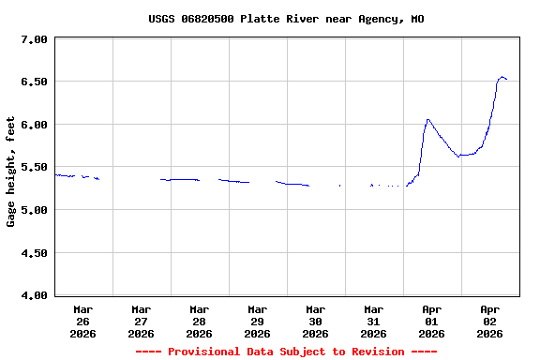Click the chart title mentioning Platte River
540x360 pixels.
pos(286,19)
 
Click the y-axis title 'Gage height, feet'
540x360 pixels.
pos(11,172)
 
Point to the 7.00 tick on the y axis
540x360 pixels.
pos(34,39)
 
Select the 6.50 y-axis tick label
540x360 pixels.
pos(34,82)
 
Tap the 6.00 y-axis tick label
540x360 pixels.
pos(34,125)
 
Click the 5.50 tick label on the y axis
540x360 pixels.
pos(34,167)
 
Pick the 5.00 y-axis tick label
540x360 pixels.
pos(34,210)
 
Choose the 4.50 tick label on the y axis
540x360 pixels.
pos(34,253)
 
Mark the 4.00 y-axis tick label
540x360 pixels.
pos(34,295)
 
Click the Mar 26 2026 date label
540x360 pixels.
pos(83,321)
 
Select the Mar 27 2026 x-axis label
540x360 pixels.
pos(142,321)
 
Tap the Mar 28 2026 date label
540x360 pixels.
pos(200,321)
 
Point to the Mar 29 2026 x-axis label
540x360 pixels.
pos(258,321)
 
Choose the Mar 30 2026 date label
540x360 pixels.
pos(316,321)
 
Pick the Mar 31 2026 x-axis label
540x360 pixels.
pos(374,321)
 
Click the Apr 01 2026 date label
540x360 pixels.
pos(432,321)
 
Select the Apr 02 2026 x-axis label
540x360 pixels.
pos(490,321)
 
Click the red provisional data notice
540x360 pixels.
pos(286,352)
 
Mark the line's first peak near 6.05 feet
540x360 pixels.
pos(427,119)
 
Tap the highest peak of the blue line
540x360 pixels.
pos(502,77)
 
